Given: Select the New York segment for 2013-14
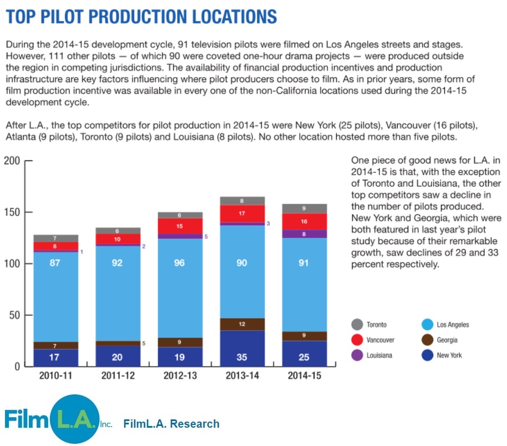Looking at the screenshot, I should tap(242, 348).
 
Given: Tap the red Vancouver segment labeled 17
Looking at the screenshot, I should tap(242, 214).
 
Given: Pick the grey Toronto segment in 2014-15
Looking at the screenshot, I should tap(304, 209).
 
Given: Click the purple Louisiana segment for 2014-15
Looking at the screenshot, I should tap(304, 234).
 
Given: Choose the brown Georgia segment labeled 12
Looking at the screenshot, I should tap(242, 324).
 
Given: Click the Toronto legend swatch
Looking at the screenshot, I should tap(357, 325).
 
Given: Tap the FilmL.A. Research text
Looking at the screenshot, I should tap(171, 424).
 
